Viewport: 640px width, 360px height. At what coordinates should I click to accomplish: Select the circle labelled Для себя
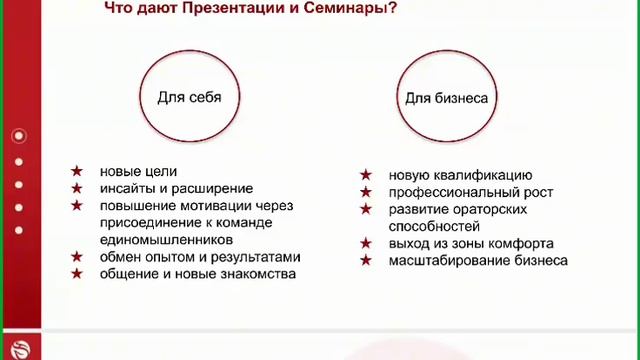point(189,98)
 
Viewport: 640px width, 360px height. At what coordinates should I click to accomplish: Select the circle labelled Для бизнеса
point(445,99)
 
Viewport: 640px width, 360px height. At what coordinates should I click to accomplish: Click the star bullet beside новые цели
point(77,172)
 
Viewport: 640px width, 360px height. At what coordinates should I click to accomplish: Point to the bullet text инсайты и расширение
point(176,189)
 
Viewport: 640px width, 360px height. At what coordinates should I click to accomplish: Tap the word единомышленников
point(166,240)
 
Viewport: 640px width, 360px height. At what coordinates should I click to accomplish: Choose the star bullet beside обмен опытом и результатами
point(77,257)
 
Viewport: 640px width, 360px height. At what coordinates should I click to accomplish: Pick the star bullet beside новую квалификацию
point(367,175)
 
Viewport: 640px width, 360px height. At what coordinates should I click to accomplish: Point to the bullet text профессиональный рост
point(471,192)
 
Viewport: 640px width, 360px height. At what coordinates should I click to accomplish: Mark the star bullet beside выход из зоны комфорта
point(367,243)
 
